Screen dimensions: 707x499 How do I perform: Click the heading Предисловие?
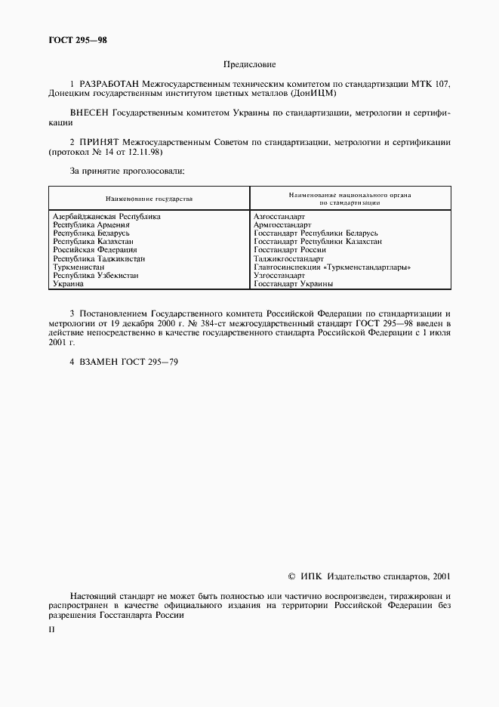pos(249,66)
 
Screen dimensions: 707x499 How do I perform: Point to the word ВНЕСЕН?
pos(89,113)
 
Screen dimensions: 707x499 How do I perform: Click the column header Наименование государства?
pos(149,199)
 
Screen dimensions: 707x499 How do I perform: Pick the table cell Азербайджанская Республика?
pos(106,216)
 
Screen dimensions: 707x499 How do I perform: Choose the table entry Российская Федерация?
pos(95,249)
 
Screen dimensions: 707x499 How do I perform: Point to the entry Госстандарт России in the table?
pos(290,249)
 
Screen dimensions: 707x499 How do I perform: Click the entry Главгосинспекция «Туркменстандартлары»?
pos(332,267)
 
